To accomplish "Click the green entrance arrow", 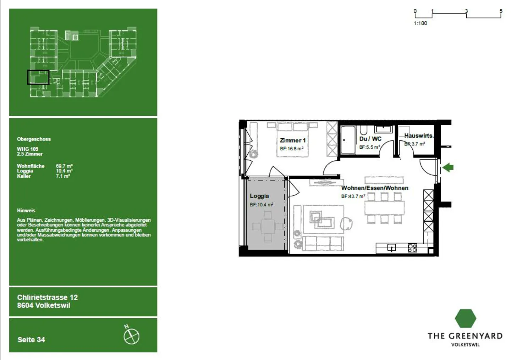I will point(448,167).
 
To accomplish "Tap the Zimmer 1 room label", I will point(292,140).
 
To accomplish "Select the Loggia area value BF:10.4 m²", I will point(262,205).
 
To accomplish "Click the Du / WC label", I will point(370,139).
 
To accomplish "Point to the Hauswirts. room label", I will point(419,136).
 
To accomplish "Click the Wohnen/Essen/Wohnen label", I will point(375,188).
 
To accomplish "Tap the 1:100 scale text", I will point(421,23).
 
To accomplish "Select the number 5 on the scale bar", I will point(501,11).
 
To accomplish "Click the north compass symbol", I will point(131,336).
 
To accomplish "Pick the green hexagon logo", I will point(465,318).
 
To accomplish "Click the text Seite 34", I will point(31,340).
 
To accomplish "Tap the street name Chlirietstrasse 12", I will point(47,298).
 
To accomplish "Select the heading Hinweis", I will point(26,210).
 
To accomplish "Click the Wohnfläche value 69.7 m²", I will point(64,166).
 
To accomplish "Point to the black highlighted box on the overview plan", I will point(38,77).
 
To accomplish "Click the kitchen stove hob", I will point(412,248).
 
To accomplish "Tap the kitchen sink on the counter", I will point(391,248).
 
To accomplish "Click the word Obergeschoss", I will point(34,139).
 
